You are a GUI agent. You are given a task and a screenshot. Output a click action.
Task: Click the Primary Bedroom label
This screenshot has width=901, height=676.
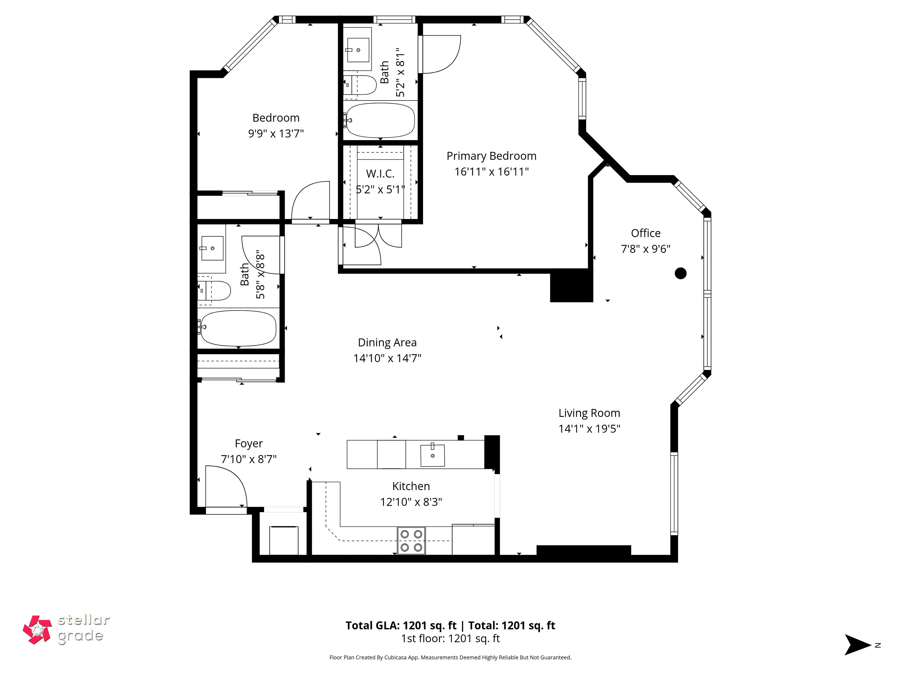[491, 156]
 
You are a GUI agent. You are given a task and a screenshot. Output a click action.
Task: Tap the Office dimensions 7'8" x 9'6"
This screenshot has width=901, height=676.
[646, 249]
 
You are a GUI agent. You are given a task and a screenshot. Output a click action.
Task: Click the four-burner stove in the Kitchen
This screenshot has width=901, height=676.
[411, 541]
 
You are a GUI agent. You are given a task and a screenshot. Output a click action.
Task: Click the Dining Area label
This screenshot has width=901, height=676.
[387, 343]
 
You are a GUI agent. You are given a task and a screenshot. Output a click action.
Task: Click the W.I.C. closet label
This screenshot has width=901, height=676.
[380, 174]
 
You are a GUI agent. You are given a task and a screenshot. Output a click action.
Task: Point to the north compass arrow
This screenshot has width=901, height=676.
[857, 645]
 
